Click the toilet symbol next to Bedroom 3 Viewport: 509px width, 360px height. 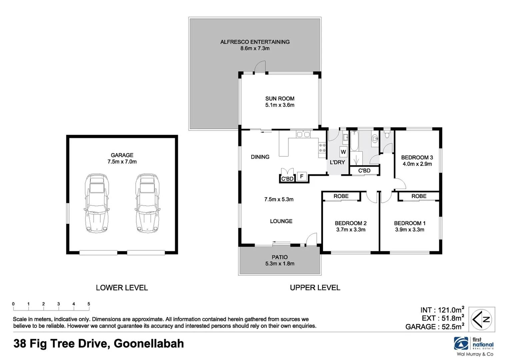tap(387, 134)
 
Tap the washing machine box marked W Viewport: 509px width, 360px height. tap(343, 152)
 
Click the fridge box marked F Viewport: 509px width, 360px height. tap(302, 176)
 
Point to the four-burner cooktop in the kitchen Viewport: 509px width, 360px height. tap(322, 148)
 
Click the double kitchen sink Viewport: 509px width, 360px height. tap(303, 135)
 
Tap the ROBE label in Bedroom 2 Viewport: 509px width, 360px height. tap(341, 196)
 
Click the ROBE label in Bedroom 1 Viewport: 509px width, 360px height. tap(419, 196)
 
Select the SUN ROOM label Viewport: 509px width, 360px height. tap(280, 99)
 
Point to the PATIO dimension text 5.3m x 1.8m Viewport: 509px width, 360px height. tap(280, 264)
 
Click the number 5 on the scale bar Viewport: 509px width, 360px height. tap(89, 304)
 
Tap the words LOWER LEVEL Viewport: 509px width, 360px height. tap(122, 288)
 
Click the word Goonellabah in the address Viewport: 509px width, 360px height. tap(149, 343)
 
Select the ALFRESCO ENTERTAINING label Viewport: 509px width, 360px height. tap(255, 42)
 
